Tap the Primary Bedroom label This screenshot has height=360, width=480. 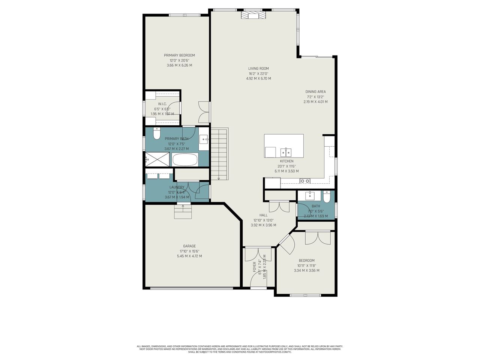point(179,55)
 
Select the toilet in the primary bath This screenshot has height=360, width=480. point(157,133)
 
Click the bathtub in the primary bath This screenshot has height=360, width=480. point(184,160)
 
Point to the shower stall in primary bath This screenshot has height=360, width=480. point(157,159)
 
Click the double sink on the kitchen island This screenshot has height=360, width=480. point(286,152)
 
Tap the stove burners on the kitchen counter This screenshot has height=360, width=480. point(305,181)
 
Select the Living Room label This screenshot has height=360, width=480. point(258,69)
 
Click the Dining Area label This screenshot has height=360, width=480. point(315,91)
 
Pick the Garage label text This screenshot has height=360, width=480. point(189,246)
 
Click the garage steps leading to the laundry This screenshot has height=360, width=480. point(183,212)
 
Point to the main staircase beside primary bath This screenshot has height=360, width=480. point(219,154)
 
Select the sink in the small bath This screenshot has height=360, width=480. point(310,195)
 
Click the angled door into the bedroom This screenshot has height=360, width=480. point(286,244)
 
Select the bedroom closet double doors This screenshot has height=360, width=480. point(318,238)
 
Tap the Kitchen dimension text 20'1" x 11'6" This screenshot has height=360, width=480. point(286,166)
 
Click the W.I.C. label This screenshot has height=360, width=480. point(162,104)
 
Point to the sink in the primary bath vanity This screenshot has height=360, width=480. point(204,140)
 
